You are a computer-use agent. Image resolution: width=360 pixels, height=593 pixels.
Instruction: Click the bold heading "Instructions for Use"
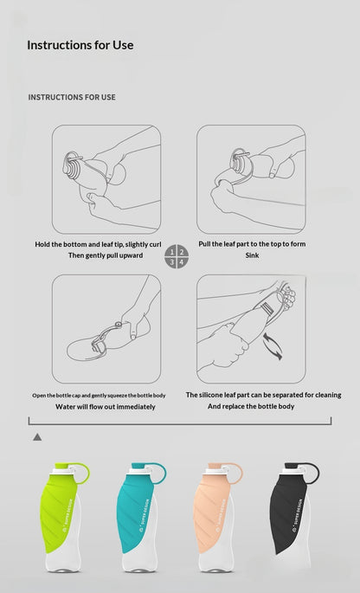(80, 45)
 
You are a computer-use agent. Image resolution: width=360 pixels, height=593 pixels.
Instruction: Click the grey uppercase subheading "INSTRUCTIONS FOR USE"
(72, 97)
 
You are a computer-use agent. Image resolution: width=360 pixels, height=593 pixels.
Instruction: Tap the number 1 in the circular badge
(171, 252)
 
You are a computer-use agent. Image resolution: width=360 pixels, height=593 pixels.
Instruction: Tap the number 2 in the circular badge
(182, 252)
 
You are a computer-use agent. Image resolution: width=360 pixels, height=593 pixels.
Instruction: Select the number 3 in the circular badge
(171, 261)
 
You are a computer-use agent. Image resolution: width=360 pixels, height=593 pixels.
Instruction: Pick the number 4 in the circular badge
(182, 261)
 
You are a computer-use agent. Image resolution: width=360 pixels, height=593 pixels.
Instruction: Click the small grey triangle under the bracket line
(37, 437)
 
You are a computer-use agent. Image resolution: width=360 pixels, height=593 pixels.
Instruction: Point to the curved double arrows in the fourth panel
(273, 345)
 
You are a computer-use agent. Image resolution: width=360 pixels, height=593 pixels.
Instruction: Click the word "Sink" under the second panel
(252, 255)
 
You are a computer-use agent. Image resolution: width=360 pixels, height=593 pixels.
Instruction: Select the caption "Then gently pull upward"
(106, 255)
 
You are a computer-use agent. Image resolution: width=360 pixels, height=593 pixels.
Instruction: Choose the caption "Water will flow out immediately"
(106, 407)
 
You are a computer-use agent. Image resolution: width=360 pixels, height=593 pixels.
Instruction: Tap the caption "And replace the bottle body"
(251, 407)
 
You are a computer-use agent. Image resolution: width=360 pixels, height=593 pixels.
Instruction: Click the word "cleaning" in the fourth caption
(327, 396)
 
